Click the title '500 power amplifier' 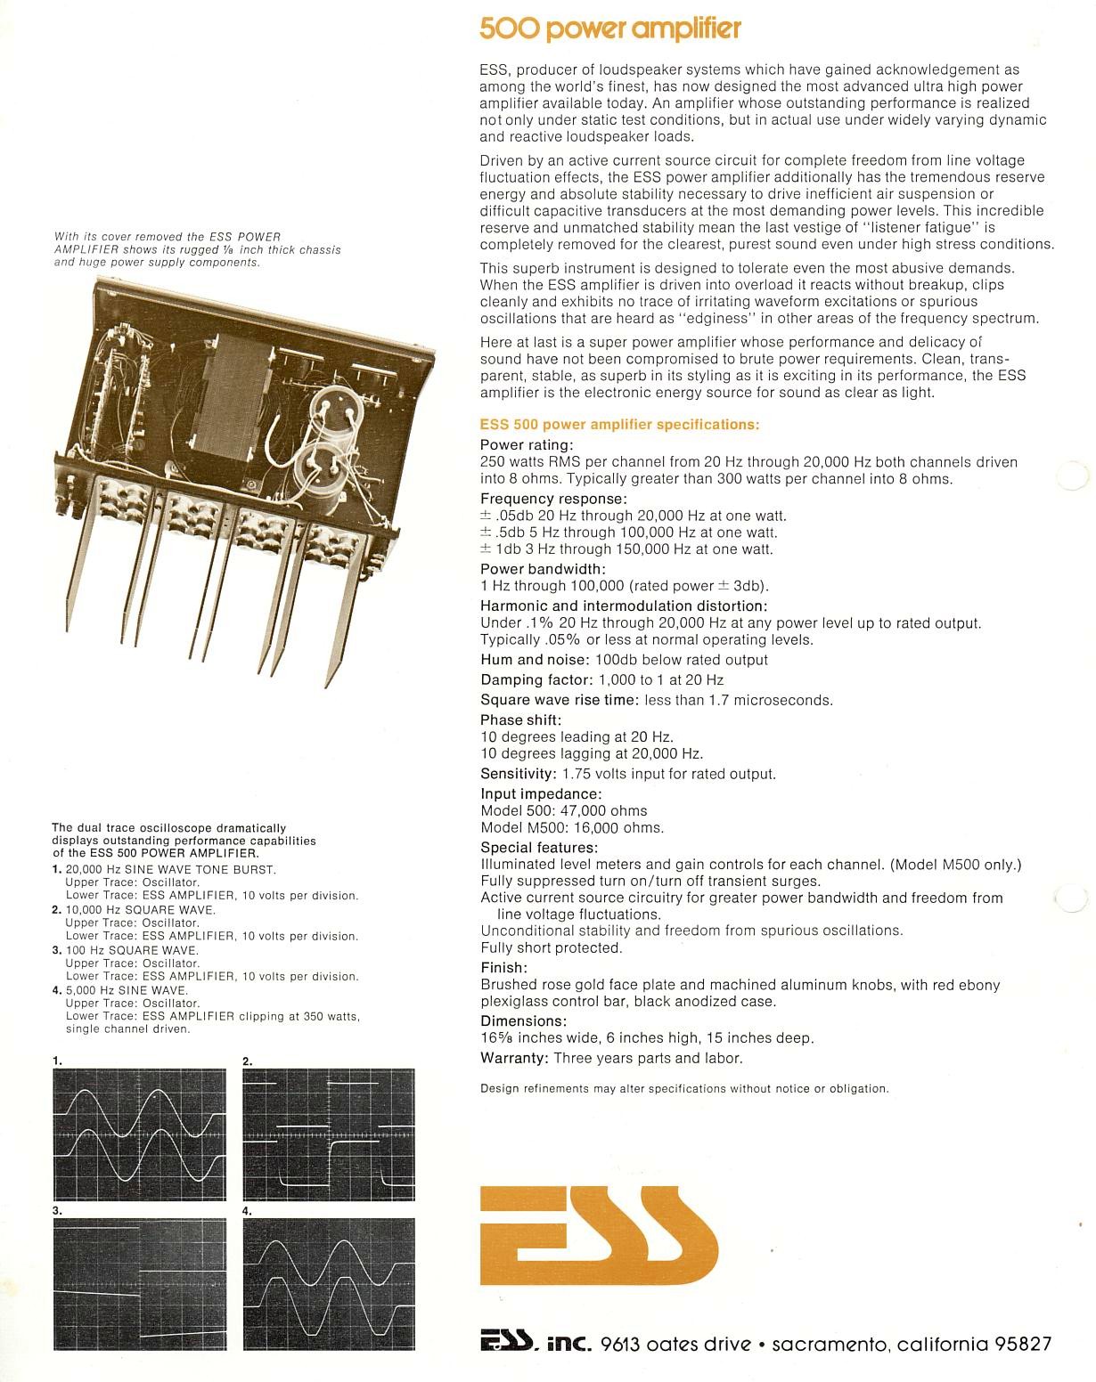(610, 29)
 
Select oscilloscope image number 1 (139, 1134)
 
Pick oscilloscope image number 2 (329, 1134)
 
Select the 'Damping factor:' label (535, 680)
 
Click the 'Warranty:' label (513, 1059)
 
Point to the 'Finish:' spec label (503, 968)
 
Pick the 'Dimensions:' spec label (523, 1021)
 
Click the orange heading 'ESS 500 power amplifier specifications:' (619, 425)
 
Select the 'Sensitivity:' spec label (518, 774)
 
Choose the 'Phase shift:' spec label (520, 720)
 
